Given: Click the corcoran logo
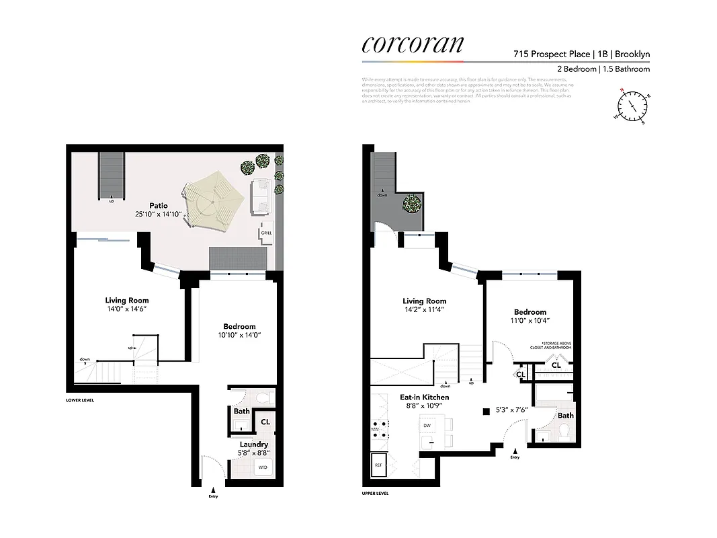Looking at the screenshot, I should [x=412, y=43].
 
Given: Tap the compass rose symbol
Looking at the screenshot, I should [x=632, y=106].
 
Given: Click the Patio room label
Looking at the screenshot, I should [x=159, y=205].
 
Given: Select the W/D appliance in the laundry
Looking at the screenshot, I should [x=263, y=467].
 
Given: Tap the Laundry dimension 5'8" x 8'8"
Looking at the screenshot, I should [x=254, y=453].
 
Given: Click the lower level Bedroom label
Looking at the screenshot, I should [x=239, y=326].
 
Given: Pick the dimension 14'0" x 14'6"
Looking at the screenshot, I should [x=127, y=309].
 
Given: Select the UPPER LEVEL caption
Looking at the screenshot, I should [x=375, y=493].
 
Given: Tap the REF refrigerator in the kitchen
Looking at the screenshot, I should [x=378, y=464].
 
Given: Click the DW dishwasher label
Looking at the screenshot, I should [x=426, y=426].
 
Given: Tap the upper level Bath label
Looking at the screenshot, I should [x=565, y=416].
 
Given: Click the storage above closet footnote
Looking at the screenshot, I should [x=555, y=345].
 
